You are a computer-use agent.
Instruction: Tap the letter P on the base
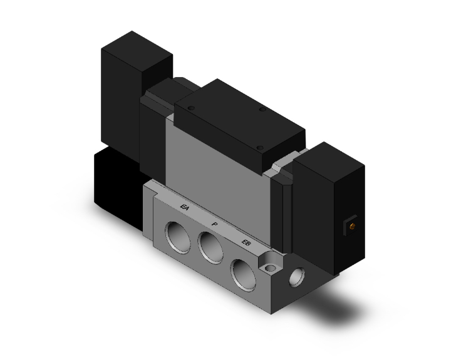point(215,224)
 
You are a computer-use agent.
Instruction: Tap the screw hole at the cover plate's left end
point(192,109)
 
